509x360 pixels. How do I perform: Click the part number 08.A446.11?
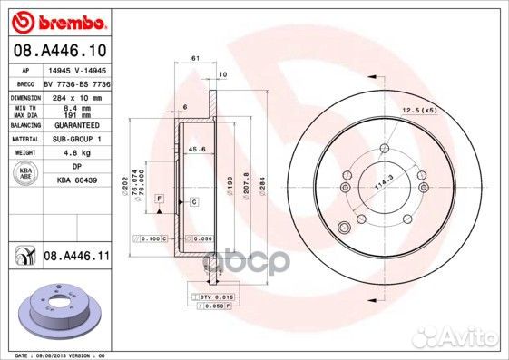pos(76,258)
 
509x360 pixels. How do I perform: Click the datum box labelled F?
pos(159,198)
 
